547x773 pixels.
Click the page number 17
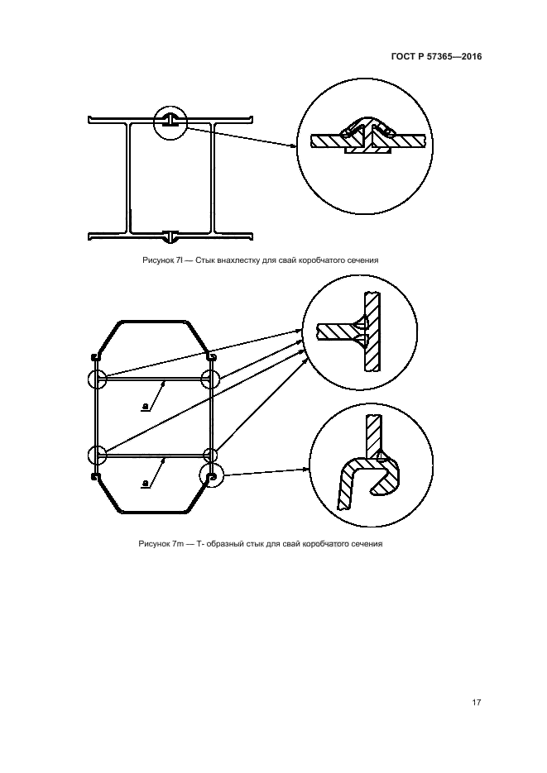476,702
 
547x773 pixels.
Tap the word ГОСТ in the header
402,56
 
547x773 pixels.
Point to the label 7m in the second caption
178,544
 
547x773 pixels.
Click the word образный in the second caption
224,544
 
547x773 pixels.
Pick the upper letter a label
145,406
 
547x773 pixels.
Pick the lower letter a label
145,484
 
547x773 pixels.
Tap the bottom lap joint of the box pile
170,236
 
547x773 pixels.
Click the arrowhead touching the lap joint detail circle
294,146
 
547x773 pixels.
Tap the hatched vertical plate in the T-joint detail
372,332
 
